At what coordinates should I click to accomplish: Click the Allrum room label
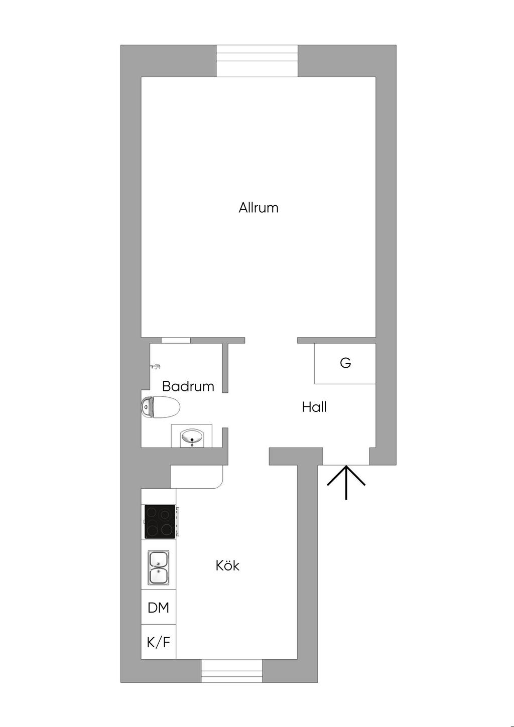coord(259,208)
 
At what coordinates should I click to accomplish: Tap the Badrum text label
coord(188,386)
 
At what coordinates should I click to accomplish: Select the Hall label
coord(314,407)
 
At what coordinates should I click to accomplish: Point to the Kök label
coord(227,565)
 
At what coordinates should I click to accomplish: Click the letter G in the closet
coord(345,363)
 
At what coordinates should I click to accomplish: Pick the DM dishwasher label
coord(159,608)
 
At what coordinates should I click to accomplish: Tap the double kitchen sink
coord(159,567)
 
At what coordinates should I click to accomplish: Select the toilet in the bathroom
coord(161,407)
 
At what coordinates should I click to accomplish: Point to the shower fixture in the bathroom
coord(156,367)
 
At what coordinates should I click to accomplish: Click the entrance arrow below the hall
coord(346,482)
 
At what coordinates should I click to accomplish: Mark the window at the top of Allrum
coord(257,61)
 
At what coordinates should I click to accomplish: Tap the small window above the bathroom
coord(176,340)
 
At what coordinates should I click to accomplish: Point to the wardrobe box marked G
coord(345,363)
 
